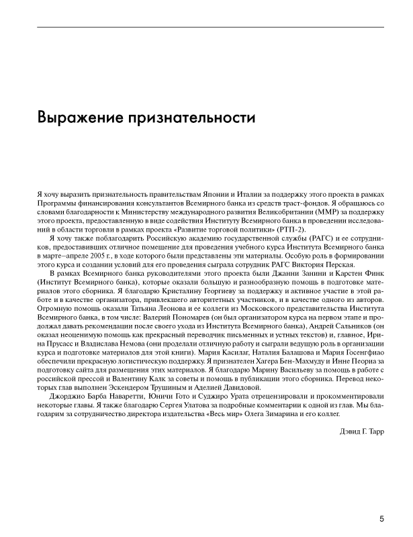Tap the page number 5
(x=381, y=518)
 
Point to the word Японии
(x=187, y=194)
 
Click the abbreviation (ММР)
(x=287, y=211)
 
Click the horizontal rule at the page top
(x=210, y=28)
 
